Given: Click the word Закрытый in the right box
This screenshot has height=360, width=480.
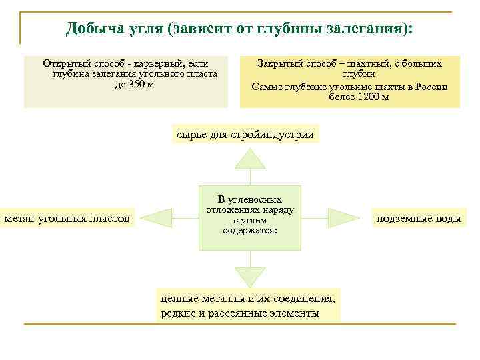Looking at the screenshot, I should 280,63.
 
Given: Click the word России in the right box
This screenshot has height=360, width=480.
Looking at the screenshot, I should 431,86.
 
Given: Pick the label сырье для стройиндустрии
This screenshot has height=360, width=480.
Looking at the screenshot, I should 245,134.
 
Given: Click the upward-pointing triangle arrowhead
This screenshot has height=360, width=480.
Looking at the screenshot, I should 250,158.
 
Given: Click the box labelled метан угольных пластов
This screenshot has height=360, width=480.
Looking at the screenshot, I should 68,218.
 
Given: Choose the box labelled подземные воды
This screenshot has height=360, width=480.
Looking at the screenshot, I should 418,219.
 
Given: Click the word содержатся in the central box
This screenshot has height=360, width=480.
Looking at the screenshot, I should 249,230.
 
